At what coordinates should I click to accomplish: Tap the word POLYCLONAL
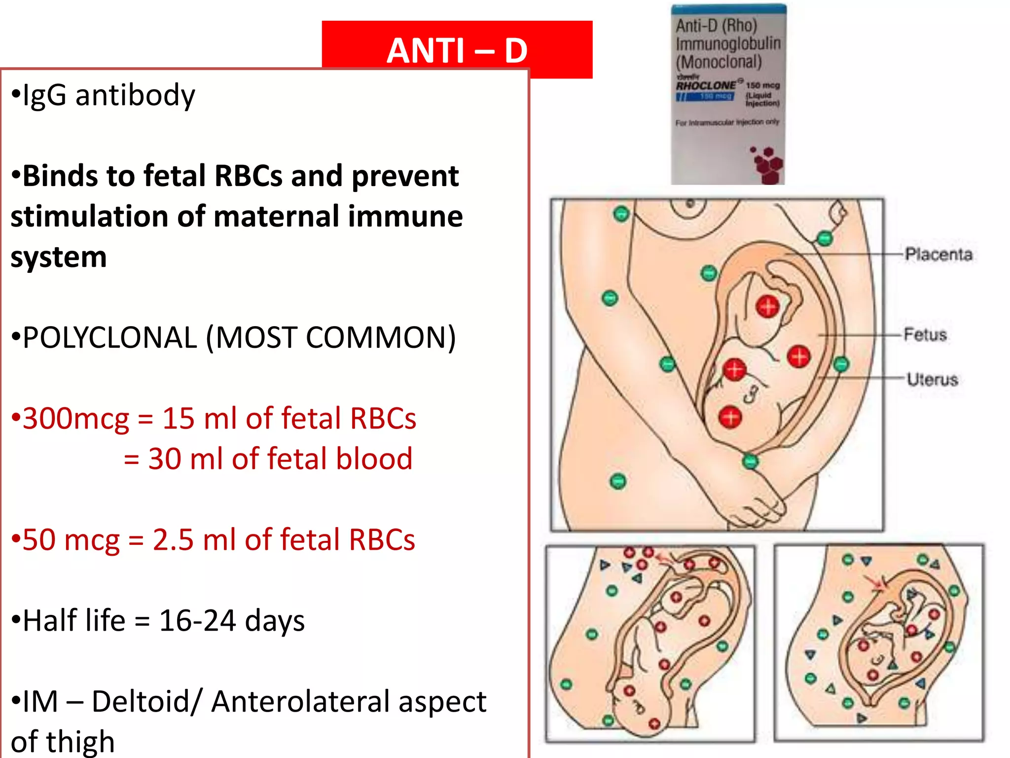pos(109,338)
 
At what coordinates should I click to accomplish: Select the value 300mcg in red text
pos(75,419)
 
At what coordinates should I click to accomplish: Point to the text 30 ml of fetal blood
pos(280,459)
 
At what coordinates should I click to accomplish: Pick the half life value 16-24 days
pos(232,621)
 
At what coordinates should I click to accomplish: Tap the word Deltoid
pos(147,702)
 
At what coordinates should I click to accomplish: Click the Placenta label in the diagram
pos(938,255)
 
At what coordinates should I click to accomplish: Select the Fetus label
pos(925,335)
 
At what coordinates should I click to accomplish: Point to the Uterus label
pos(932,379)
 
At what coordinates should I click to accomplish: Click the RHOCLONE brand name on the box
pos(706,85)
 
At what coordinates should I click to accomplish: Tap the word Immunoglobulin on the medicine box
pos(728,44)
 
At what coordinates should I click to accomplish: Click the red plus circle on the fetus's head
pos(767,306)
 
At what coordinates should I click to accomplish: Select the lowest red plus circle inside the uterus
pos(730,417)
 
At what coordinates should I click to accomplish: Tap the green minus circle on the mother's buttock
pos(617,481)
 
